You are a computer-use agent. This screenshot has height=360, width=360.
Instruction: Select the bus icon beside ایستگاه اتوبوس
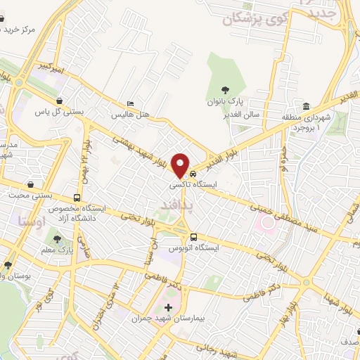(193, 237)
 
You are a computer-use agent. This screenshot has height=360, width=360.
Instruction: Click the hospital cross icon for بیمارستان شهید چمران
(168, 307)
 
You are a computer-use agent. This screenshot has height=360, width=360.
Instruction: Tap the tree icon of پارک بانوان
(226, 89)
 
